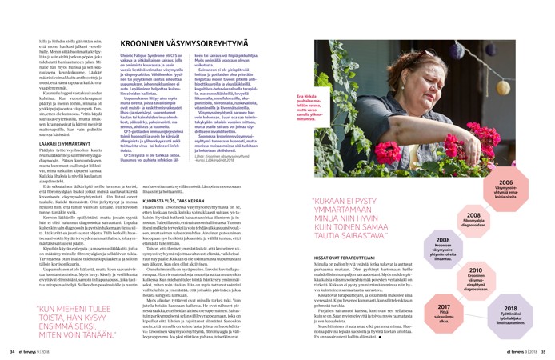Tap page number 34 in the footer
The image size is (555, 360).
pyautogui.click(x=12, y=350)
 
